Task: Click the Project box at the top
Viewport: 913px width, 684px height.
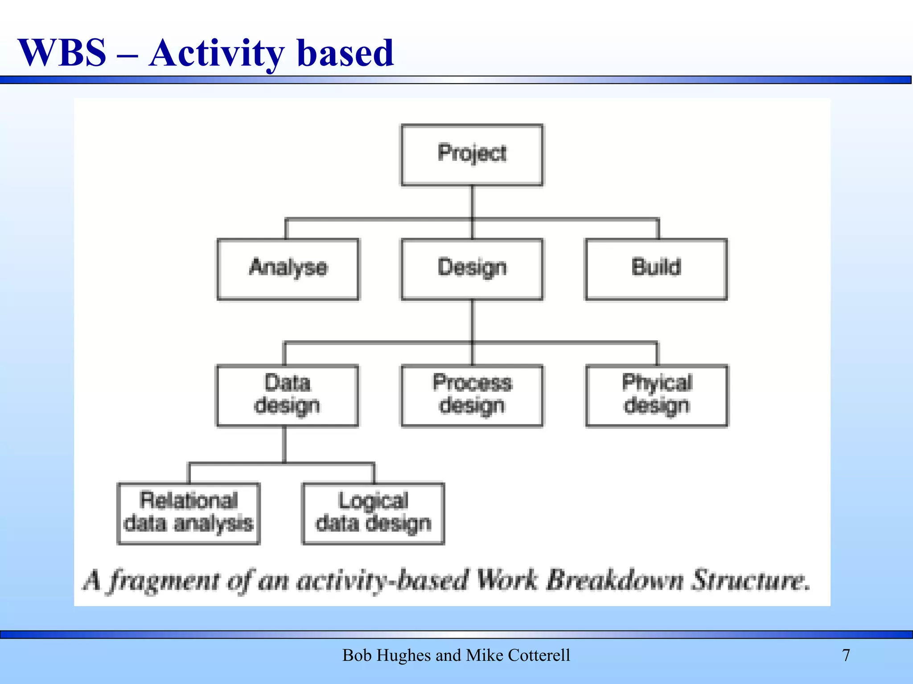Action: pos(472,155)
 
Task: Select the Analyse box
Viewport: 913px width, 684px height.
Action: pos(288,269)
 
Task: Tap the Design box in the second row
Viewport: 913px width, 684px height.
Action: pos(472,269)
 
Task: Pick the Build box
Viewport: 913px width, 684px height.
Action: pos(656,269)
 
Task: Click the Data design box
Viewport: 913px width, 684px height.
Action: pos(287,395)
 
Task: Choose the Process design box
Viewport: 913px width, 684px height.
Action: pos(472,395)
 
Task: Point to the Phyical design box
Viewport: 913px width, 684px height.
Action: pos(657,395)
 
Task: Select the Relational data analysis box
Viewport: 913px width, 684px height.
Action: pos(189,513)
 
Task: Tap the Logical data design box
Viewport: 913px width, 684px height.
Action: pos(373,513)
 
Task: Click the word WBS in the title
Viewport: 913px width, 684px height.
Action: pos(62,53)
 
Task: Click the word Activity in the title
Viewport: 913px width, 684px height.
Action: pos(216,53)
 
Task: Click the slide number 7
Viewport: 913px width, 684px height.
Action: pos(846,655)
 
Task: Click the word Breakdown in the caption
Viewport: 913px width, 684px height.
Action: pos(615,580)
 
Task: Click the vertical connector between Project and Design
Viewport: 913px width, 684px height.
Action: pos(472,203)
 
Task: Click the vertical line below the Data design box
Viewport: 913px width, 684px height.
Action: pos(284,444)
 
